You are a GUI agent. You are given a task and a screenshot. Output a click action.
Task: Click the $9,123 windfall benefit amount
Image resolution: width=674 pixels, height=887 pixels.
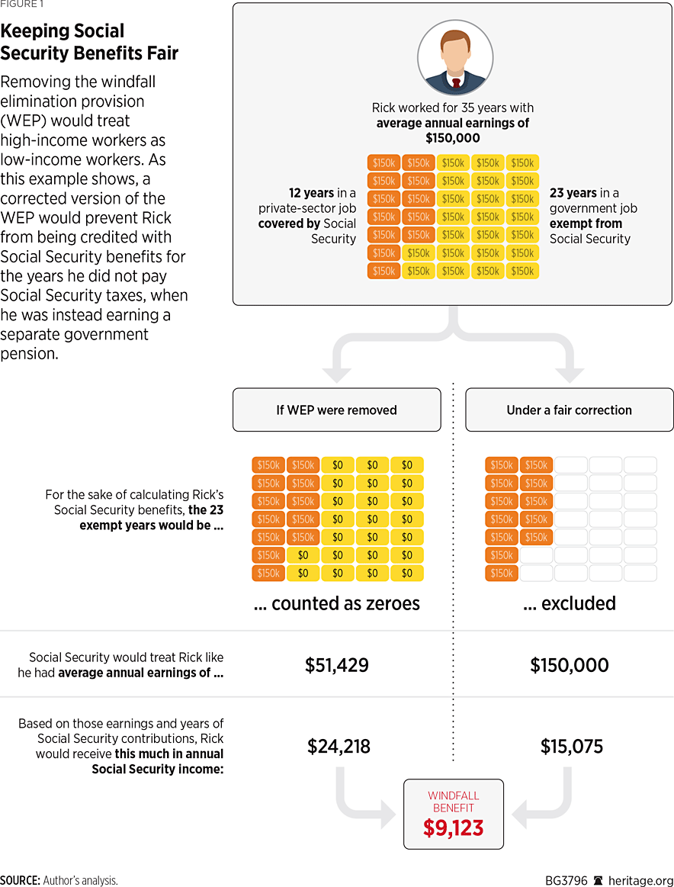pos(453,828)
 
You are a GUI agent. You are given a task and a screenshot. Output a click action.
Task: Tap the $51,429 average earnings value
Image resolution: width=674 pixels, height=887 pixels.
pos(336,665)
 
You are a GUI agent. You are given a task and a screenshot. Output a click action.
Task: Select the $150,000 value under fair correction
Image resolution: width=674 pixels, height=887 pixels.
pos(569,665)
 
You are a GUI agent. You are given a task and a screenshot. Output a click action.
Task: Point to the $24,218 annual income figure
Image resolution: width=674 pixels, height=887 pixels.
pos(339,746)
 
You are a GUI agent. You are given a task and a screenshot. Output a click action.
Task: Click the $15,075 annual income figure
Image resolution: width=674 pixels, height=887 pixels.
pos(571,746)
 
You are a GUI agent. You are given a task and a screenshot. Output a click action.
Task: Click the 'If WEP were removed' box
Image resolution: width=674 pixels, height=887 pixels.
pos(336,410)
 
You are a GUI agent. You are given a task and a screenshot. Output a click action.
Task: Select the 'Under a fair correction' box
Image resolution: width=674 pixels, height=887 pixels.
pos(569,410)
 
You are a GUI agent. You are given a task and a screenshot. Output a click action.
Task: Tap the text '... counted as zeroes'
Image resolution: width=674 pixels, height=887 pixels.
pos(336,603)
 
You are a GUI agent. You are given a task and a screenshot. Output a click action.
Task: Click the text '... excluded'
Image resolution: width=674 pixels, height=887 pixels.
pos(569,603)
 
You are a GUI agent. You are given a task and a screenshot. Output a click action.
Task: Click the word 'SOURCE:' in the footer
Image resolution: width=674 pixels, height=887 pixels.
pos(20,879)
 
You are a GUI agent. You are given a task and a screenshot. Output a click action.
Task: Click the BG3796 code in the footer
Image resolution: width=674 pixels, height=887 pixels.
pos(566,879)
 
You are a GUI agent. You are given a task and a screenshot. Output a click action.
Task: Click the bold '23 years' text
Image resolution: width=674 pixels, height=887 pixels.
pos(573,193)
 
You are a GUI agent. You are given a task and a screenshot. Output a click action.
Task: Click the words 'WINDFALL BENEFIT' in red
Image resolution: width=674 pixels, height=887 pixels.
pos(453,801)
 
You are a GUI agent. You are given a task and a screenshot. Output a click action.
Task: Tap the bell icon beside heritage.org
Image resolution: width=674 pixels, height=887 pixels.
pos(598,879)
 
